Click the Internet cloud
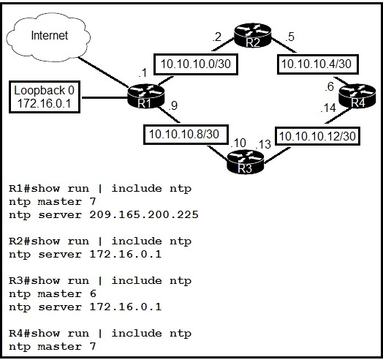[48, 37]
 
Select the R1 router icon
[146, 96]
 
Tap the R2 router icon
[253, 35]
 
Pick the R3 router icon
[246, 162]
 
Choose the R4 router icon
[357, 96]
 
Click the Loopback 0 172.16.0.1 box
[45, 97]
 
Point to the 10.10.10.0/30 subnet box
[196, 64]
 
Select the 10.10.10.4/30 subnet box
[318, 64]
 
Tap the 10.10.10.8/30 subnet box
[186, 135]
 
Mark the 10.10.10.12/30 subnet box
[317, 136]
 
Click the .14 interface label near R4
[328, 108]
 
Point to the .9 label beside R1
[172, 105]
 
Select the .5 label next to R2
[289, 37]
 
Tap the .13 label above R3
[263, 144]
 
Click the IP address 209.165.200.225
[144, 214]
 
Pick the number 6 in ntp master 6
[93, 293]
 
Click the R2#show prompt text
[34, 241]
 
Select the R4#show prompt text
[34, 334]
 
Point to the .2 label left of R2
[216, 37]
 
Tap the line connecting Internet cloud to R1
[103, 72]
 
